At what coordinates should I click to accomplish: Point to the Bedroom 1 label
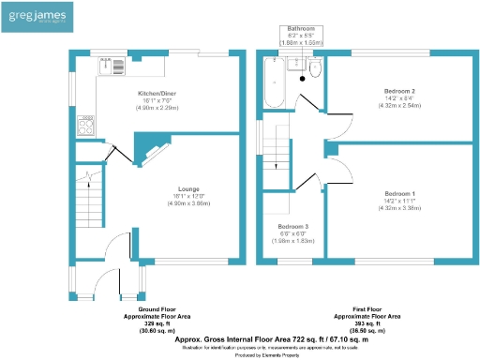coord(399,193)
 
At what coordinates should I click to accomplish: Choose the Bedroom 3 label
coord(292,227)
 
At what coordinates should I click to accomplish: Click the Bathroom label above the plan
coord(300,29)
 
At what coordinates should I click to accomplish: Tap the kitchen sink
coord(112,65)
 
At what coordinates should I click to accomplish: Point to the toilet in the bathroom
coord(315,68)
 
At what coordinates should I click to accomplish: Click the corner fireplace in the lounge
coord(148,146)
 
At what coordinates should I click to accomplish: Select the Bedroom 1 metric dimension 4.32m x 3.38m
coord(399,208)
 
